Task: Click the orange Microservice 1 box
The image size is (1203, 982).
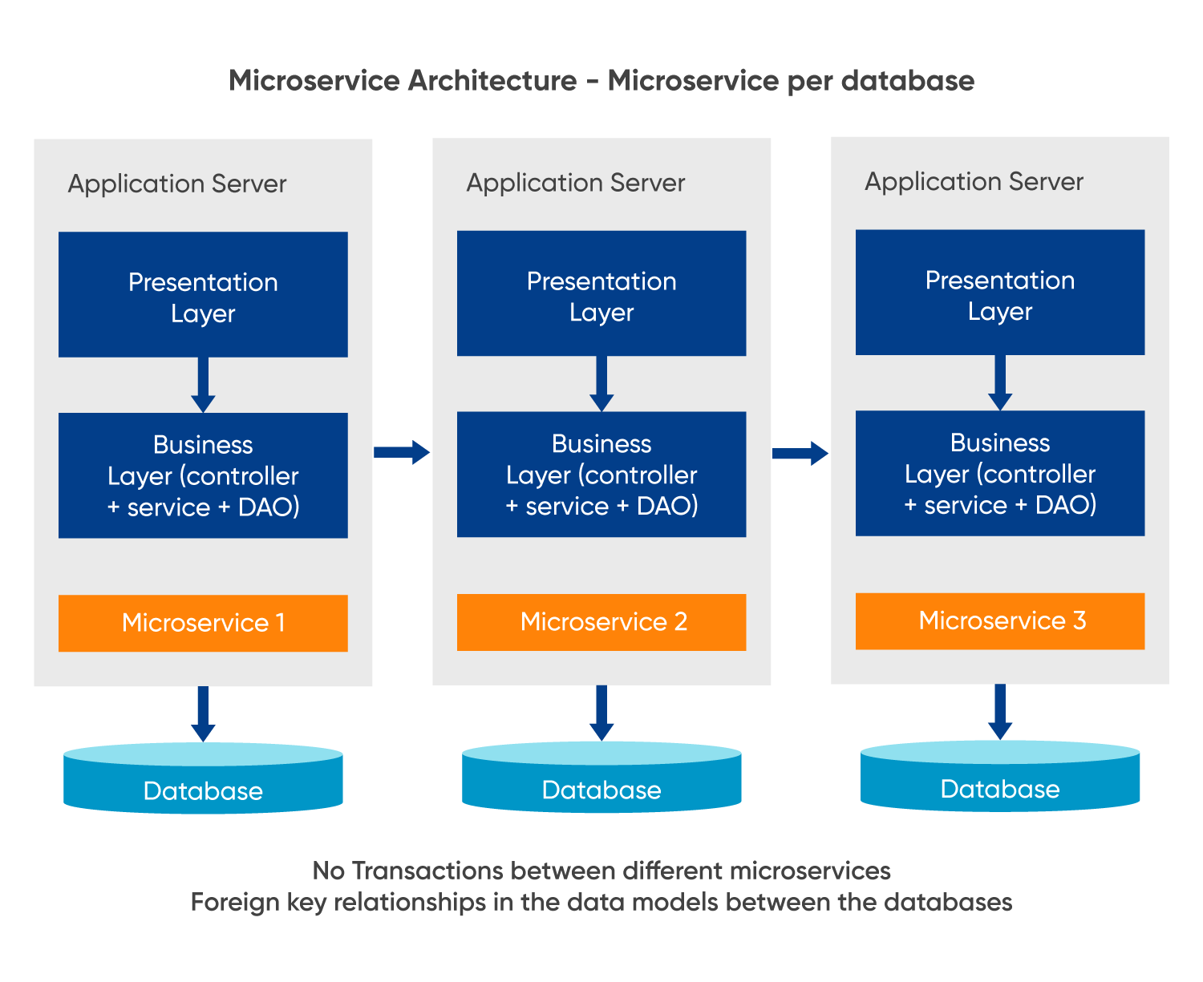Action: tap(203, 623)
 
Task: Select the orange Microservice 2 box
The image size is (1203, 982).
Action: tap(601, 622)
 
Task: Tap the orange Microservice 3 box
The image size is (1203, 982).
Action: tap(1000, 620)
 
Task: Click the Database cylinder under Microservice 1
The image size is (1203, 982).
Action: tap(203, 781)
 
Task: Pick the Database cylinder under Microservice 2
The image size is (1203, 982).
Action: tap(601, 780)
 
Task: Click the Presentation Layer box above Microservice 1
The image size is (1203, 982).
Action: tap(203, 295)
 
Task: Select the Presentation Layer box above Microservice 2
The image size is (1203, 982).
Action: tap(601, 293)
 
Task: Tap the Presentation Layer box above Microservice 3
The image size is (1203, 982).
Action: tap(1000, 293)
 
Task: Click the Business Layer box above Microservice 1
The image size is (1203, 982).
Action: tap(203, 475)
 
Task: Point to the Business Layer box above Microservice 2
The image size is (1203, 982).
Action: tap(601, 475)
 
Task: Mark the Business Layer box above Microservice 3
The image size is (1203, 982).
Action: tap(1000, 473)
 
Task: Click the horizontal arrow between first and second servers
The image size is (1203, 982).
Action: tap(402, 452)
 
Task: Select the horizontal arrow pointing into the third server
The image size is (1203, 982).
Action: tap(800, 454)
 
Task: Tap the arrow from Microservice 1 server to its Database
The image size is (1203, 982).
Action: tap(203, 713)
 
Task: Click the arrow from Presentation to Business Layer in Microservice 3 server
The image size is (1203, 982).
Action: tap(1000, 382)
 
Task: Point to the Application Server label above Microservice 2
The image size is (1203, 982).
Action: tap(576, 183)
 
